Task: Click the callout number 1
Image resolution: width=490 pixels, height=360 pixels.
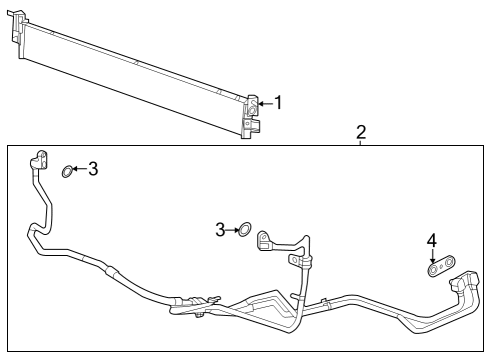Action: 278,102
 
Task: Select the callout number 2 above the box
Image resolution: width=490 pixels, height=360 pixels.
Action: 361,132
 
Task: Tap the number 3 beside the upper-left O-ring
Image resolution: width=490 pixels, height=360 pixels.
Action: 93,169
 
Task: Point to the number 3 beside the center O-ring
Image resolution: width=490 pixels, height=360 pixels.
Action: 219,230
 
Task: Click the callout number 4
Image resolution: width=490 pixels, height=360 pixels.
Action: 432,240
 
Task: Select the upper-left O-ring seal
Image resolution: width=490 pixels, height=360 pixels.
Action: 67,172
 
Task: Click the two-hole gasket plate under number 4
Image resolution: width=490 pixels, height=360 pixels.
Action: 437,268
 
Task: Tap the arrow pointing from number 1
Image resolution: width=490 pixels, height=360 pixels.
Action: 264,103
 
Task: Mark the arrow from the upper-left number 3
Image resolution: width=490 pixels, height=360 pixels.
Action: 79,170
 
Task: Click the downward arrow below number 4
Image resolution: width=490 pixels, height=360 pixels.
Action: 432,256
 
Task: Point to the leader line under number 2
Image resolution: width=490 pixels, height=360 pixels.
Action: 361,143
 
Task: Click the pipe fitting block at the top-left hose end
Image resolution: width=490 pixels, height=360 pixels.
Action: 41,161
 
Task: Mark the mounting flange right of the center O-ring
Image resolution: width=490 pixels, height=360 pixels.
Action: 267,240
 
